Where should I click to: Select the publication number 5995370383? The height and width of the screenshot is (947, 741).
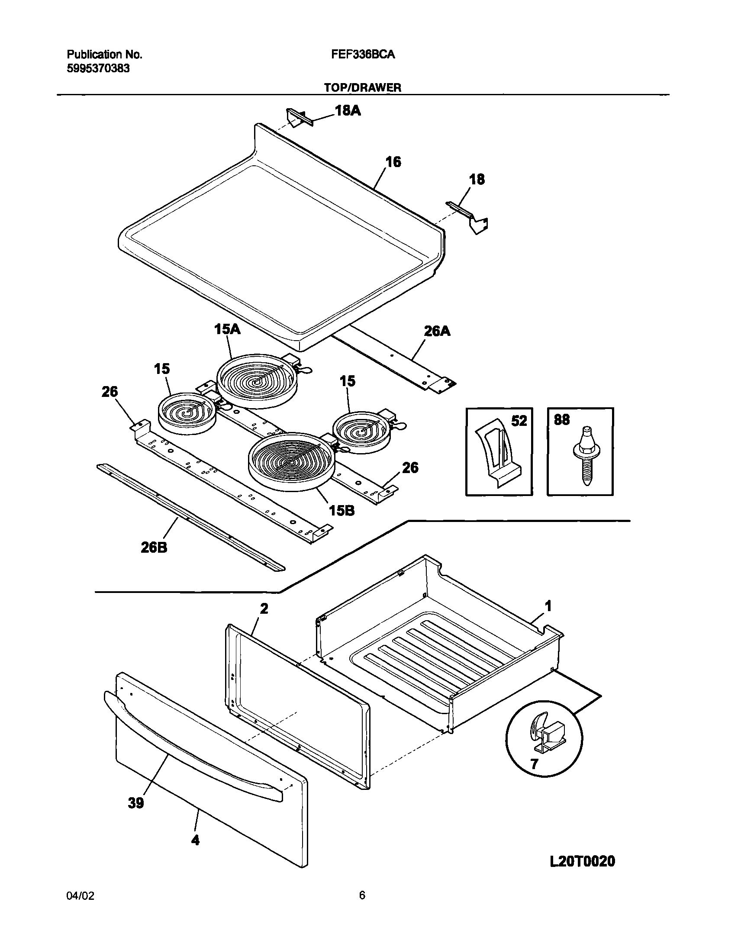tap(98, 68)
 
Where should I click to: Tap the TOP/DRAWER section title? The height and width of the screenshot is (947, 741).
tap(363, 87)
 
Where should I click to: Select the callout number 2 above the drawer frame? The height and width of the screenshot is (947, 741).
tap(264, 609)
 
